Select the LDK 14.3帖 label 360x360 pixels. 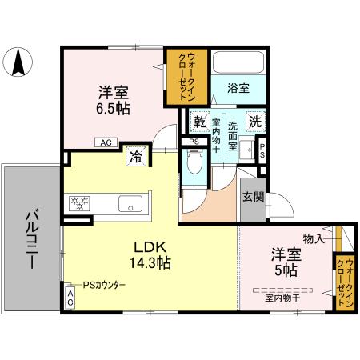[151, 254]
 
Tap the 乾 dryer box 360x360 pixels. [202, 122]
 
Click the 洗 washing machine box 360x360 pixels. [254, 122]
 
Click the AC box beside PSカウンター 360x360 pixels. [70, 299]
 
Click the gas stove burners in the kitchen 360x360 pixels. [80, 203]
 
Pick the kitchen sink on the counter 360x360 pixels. [129, 203]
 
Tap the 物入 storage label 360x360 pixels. [314, 238]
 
